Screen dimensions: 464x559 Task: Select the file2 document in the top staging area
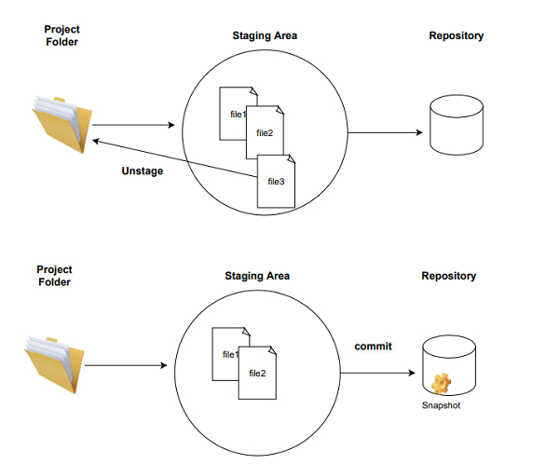[265, 134]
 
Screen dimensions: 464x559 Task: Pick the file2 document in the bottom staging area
[259, 375]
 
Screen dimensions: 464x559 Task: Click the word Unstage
[143, 171]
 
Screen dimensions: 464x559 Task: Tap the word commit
[373, 347]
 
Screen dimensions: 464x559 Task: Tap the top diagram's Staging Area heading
[264, 35]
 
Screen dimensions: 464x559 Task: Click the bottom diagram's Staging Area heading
[257, 276]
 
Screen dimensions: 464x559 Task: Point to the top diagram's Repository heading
[456, 35]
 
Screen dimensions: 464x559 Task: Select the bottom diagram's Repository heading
[448, 276]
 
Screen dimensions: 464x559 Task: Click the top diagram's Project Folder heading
[61, 35]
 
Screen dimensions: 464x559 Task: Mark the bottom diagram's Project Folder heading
[54, 276]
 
